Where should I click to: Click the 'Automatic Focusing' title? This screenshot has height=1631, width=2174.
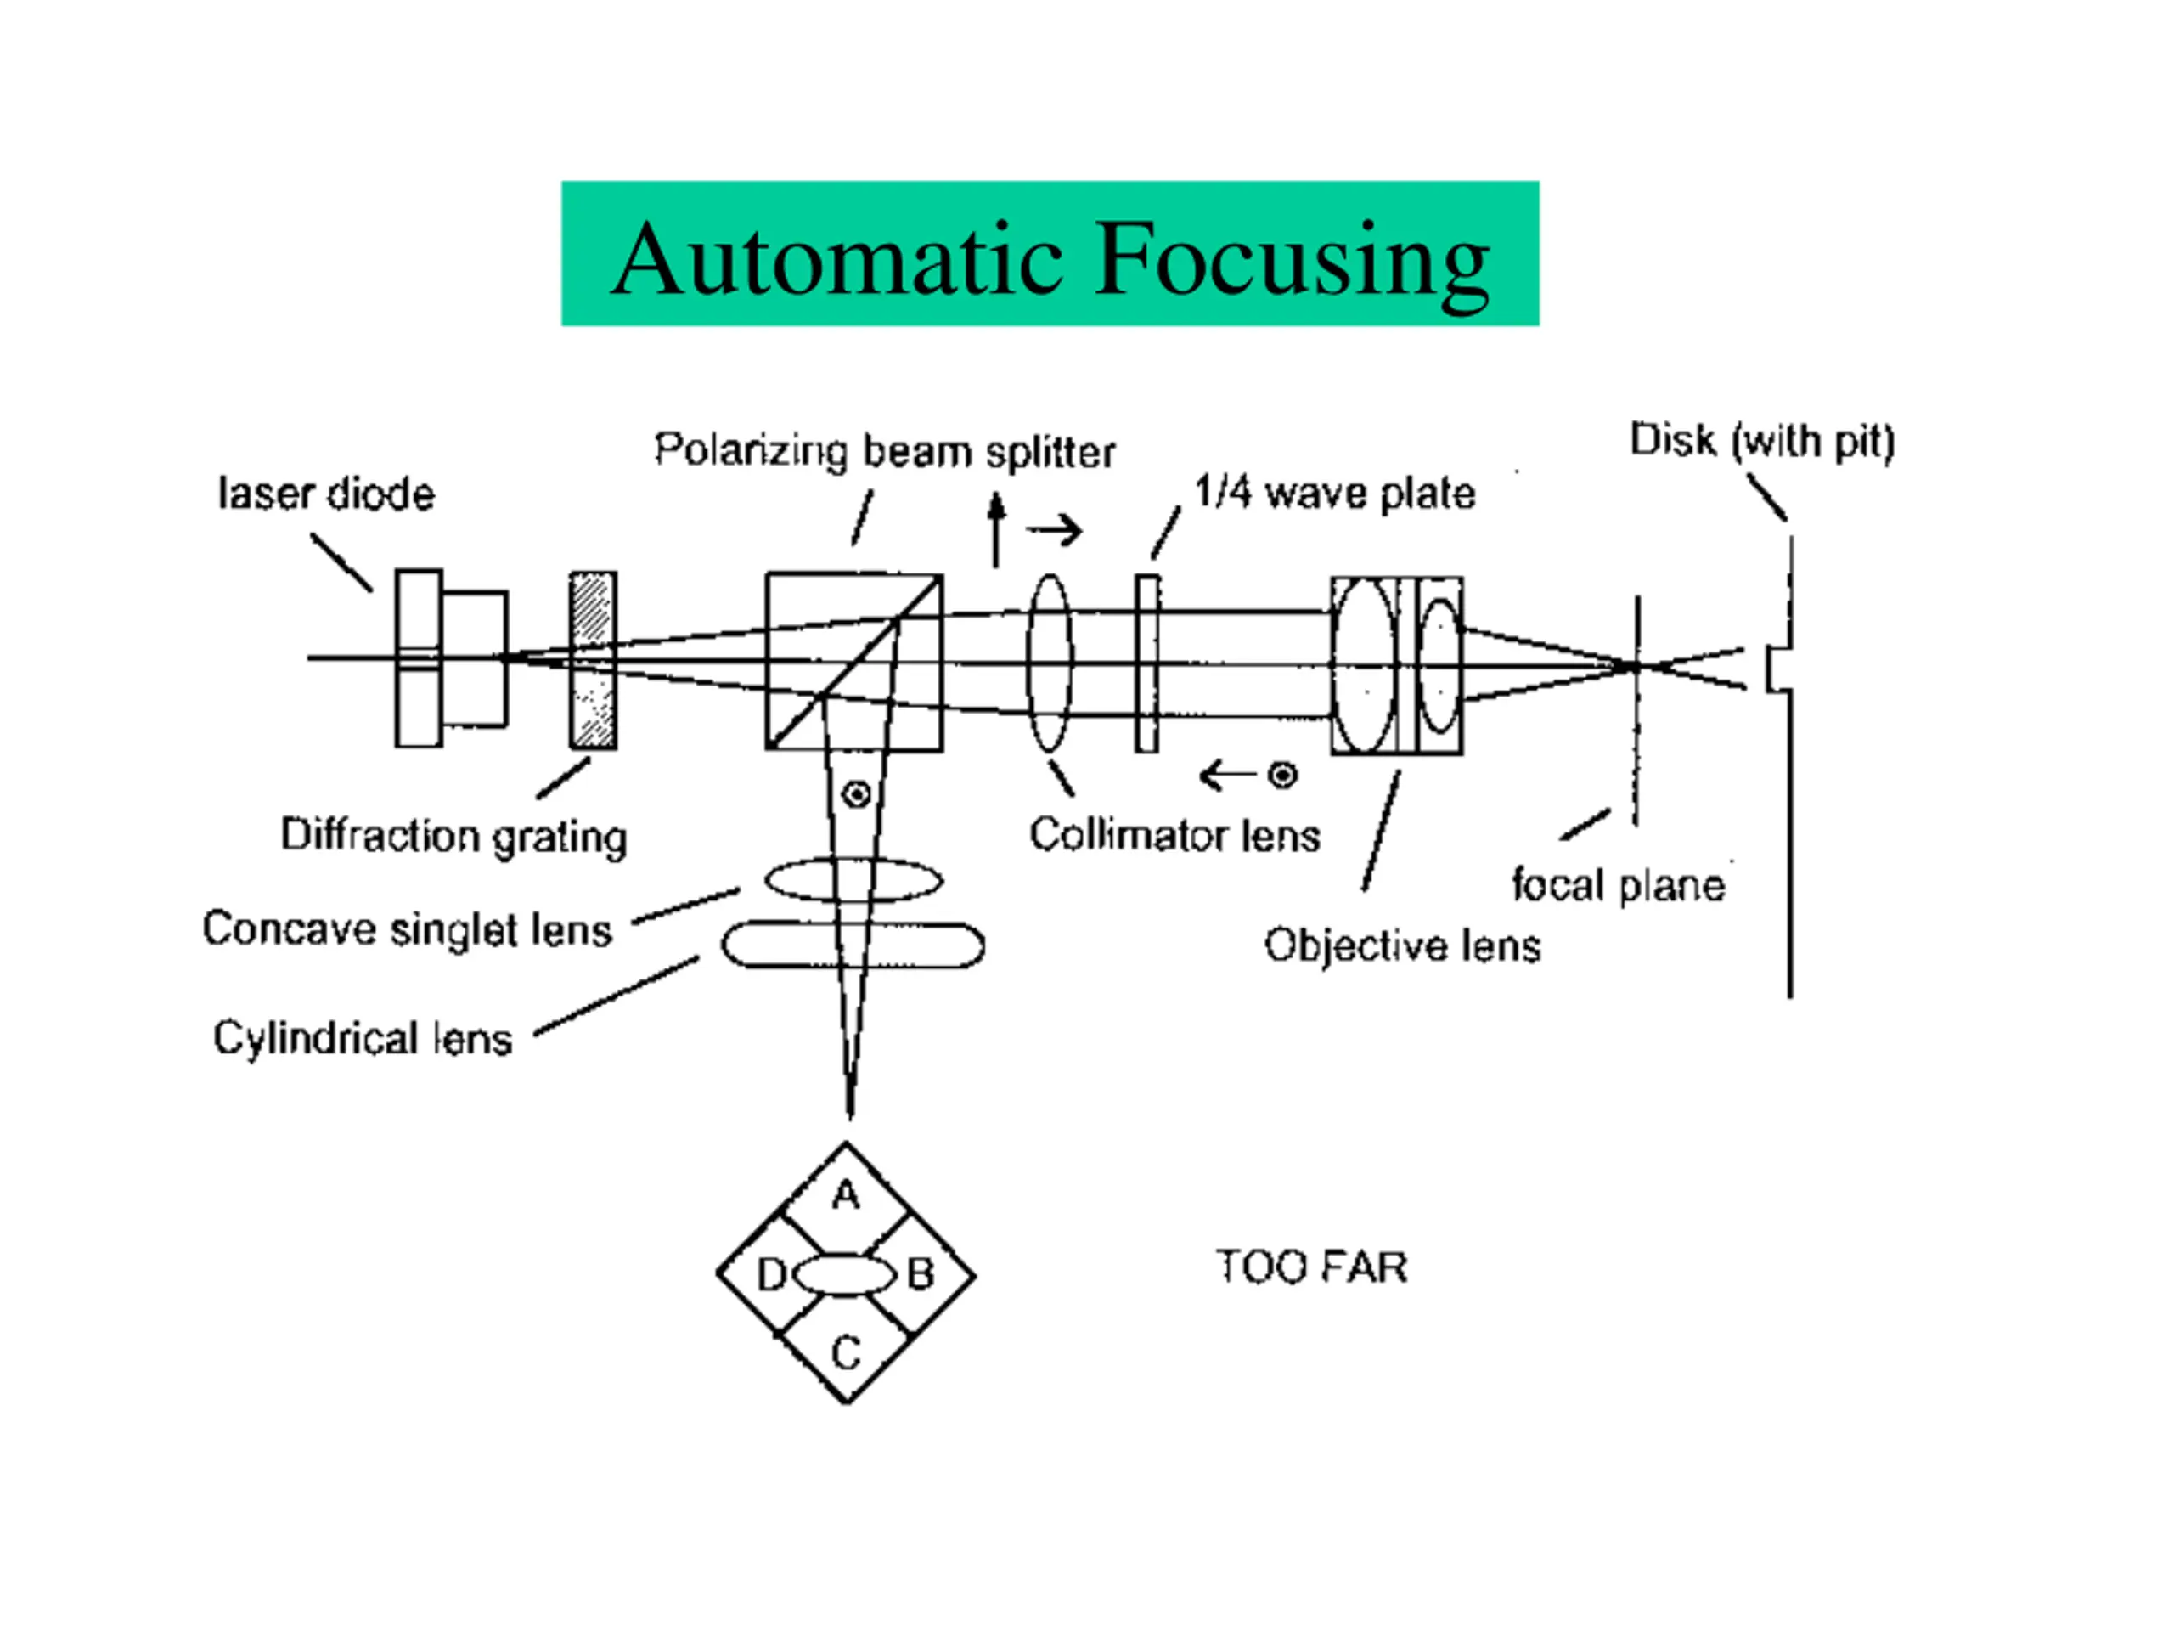[x=1050, y=257]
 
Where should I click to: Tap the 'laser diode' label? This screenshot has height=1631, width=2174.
[x=325, y=494]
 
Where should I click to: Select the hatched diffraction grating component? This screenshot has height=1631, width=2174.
[x=594, y=661]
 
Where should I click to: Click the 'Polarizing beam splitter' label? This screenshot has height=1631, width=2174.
[x=885, y=451]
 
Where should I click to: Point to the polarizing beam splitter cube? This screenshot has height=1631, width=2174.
[x=854, y=662]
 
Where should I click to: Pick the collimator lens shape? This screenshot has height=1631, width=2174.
[x=1050, y=663]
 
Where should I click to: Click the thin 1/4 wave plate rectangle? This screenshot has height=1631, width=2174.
[x=1147, y=663]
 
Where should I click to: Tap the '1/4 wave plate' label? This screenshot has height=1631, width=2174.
[x=1335, y=493]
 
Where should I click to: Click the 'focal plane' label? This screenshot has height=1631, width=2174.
[x=1618, y=885]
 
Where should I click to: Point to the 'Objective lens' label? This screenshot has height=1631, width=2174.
[x=1403, y=945]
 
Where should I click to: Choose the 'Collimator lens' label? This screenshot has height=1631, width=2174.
[x=1174, y=836]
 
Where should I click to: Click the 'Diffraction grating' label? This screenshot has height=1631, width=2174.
[x=454, y=837]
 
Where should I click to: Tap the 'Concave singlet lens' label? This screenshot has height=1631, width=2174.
[x=407, y=929]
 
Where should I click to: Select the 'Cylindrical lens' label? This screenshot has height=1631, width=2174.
[x=363, y=1038]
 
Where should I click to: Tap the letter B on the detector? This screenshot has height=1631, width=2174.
[x=920, y=1275]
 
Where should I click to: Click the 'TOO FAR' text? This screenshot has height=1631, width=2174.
[x=1311, y=1267]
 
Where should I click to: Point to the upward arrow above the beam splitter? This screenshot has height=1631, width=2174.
[x=997, y=531]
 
